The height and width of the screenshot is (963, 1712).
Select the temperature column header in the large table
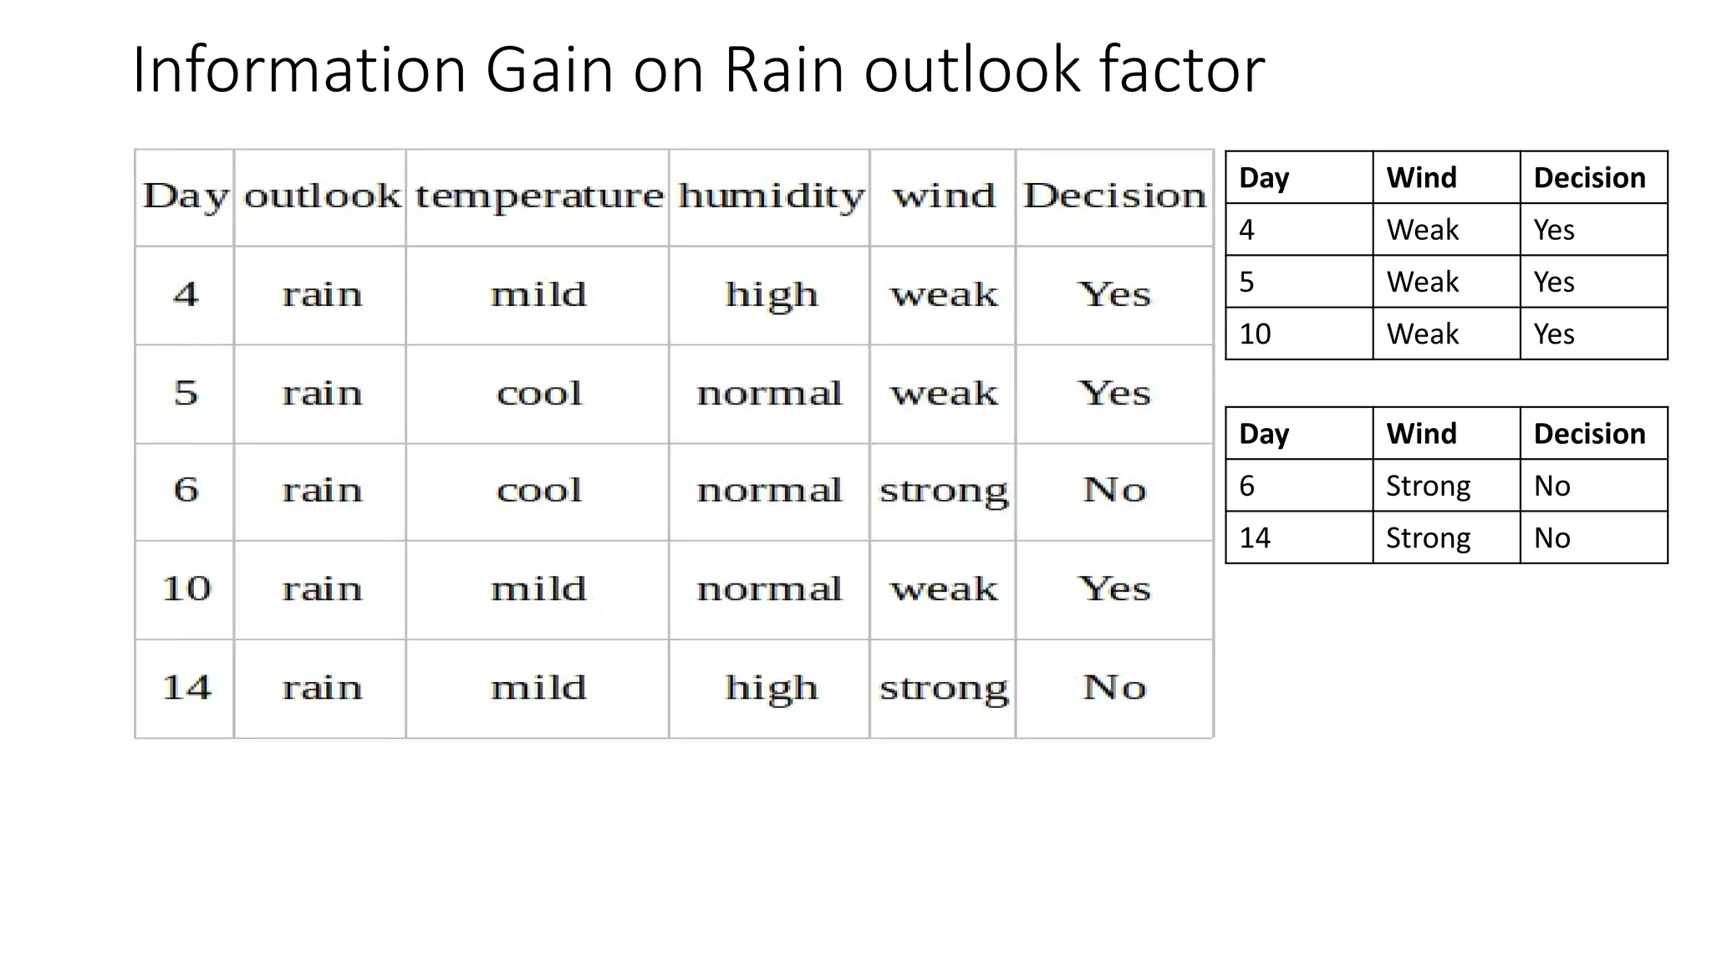(539, 196)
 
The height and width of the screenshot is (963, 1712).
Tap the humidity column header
(771, 196)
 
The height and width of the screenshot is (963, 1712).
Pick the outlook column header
(322, 196)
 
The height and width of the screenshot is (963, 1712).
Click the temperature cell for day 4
(539, 294)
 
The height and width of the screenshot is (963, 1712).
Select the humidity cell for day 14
(771, 688)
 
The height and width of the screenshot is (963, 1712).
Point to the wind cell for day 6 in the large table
(944, 491)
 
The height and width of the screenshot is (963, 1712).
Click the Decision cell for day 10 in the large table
(1114, 588)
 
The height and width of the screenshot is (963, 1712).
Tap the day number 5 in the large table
(186, 393)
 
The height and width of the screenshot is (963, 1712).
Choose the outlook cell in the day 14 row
(322, 688)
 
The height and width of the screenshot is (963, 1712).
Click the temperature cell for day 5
(539, 393)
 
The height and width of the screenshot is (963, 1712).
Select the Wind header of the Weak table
(1421, 177)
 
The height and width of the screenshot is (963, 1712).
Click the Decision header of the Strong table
(1589, 434)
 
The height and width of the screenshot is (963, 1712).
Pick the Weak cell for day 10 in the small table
(1422, 334)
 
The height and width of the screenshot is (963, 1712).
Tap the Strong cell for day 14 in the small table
(1428, 538)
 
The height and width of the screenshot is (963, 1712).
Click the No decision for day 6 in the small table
(1551, 486)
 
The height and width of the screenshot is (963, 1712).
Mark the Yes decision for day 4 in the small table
(1553, 229)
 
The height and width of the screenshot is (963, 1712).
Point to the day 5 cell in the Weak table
(1246, 282)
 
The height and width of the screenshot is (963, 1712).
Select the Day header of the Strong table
(1264, 434)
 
